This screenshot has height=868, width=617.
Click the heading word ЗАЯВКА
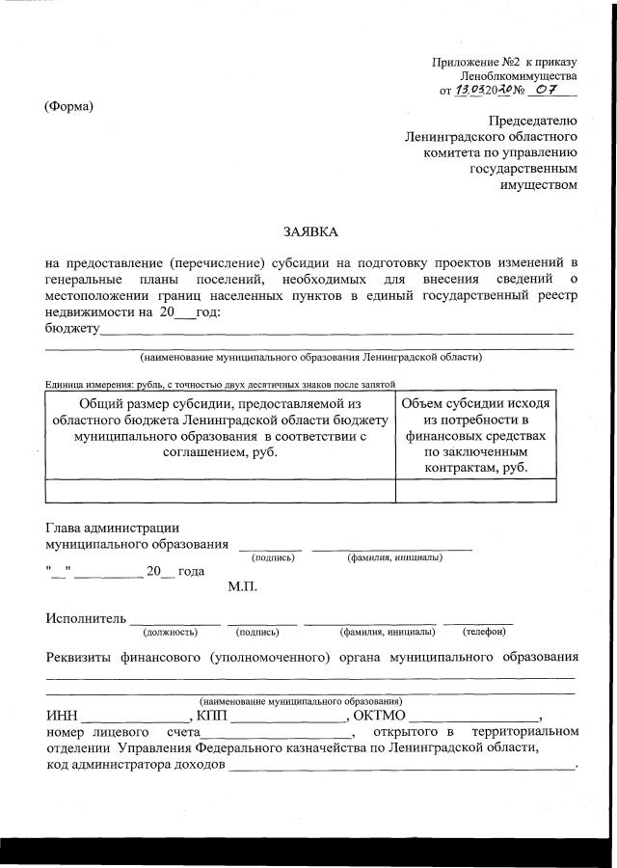[x=310, y=231]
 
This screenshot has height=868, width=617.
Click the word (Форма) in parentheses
[x=68, y=106]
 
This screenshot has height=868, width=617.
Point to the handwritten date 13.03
[x=473, y=91]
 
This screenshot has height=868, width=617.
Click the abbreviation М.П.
[x=242, y=586]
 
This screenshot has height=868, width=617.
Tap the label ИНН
[x=62, y=717]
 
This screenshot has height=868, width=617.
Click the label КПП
[x=210, y=717]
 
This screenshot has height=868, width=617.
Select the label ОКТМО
[x=382, y=717]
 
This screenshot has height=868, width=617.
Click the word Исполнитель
[x=85, y=618]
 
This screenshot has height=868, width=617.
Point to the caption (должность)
[x=169, y=633]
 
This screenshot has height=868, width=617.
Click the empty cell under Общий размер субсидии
[x=220, y=490]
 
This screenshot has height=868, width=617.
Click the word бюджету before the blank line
[x=73, y=329]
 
